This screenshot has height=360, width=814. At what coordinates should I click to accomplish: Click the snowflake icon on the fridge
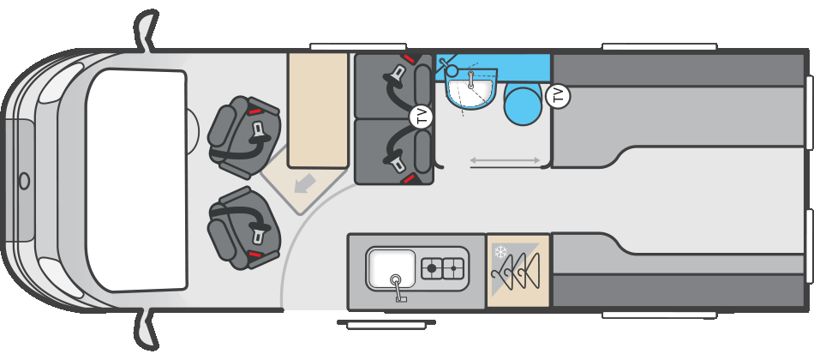coord(500,252)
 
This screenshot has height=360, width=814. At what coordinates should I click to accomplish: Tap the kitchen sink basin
coord(392,268)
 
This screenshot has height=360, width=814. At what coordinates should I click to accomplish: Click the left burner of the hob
coord(431,268)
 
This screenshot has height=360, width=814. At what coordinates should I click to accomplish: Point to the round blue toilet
coord(524,105)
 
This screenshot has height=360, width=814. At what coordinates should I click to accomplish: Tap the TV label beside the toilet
coord(559,96)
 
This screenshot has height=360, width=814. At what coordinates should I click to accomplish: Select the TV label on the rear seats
coord(421,116)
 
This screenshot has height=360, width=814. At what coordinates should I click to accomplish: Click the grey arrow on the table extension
coord(305,183)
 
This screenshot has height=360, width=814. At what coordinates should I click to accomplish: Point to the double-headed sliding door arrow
coord(506,161)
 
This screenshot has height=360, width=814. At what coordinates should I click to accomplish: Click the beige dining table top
coord(318,110)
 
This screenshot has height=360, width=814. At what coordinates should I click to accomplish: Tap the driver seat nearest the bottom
coord(244,228)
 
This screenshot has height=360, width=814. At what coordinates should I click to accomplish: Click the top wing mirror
coord(146,31)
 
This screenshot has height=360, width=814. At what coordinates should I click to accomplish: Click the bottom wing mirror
coord(146,329)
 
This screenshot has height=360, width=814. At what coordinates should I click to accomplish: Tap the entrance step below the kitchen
coord(386,324)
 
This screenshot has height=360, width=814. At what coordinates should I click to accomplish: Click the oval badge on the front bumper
coord(24,181)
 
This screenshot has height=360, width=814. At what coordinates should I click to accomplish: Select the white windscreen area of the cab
coord(136,180)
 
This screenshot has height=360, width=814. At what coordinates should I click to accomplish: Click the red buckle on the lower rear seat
coord(409,179)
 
